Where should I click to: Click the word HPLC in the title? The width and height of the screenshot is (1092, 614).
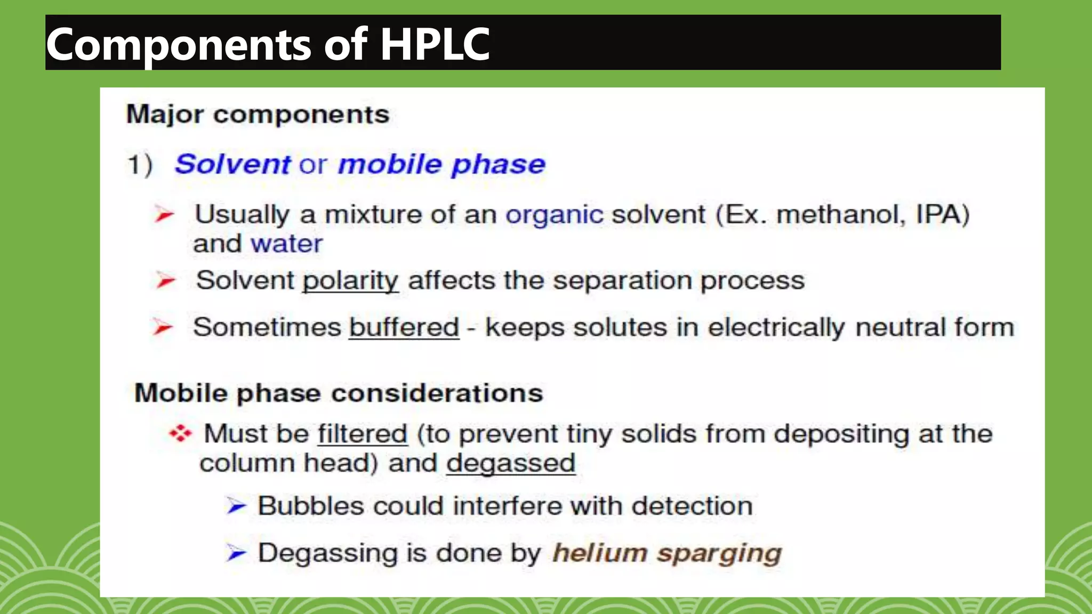pos(435,44)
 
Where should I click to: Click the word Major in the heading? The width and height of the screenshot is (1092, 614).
pos(165,115)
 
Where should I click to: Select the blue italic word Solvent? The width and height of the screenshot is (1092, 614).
pos(233,164)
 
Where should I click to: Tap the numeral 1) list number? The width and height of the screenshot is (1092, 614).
pos(140,164)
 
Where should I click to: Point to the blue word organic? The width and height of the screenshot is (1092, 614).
pos(554,215)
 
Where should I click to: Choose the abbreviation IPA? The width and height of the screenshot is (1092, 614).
pos(942,215)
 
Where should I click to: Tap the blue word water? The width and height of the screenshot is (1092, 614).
pos(287,244)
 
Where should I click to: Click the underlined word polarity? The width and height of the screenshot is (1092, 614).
pos(350,281)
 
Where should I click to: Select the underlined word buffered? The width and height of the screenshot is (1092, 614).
pos(404,327)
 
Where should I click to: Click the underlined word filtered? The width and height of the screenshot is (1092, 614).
pos(363,434)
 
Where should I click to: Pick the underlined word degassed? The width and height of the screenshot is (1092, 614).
pos(511,463)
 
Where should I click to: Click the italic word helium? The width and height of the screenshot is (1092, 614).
pos(600,553)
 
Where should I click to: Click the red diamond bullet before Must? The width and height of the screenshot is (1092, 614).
pos(180,434)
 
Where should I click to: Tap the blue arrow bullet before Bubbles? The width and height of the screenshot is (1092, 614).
pos(236,506)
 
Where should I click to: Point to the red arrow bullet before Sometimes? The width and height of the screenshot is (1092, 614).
pos(163,327)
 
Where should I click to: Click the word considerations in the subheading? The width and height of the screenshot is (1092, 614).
pos(437,394)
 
